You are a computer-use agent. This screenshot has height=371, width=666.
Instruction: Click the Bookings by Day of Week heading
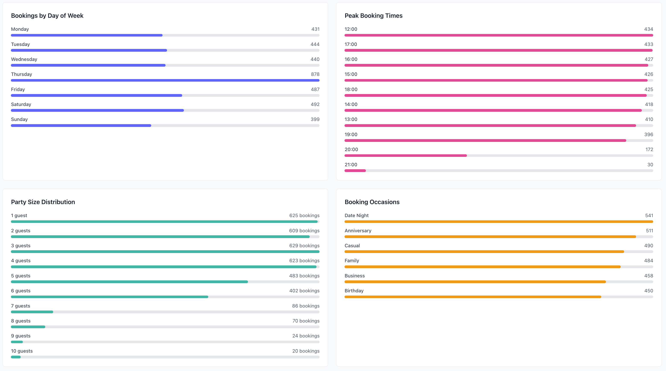(47, 16)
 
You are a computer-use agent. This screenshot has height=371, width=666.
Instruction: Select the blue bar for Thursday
(165, 80)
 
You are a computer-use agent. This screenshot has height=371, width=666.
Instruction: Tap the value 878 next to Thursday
(315, 74)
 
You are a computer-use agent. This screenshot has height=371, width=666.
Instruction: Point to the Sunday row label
(19, 119)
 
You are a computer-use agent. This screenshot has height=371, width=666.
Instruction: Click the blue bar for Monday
(87, 35)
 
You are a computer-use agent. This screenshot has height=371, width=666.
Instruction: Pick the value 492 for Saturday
(315, 104)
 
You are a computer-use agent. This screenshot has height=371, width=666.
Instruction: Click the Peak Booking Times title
(373, 16)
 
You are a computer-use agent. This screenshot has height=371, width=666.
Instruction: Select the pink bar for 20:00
(405, 156)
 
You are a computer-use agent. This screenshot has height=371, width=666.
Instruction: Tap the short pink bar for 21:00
(355, 171)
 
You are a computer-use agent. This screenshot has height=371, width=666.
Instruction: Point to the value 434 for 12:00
(648, 29)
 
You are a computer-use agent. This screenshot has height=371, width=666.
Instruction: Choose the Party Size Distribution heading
(43, 202)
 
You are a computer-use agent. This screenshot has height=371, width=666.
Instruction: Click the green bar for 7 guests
(32, 312)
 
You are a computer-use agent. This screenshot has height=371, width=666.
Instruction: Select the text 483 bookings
(304, 276)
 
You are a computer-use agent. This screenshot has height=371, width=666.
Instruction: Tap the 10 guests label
(22, 351)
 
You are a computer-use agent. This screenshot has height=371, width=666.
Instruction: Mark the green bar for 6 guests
(109, 297)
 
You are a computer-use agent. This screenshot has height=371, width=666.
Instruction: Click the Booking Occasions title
(372, 202)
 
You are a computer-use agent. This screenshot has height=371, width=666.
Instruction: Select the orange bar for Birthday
(473, 297)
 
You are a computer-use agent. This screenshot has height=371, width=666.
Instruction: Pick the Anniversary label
(358, 231)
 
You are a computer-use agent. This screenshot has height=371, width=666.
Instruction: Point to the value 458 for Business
(648, 276)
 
